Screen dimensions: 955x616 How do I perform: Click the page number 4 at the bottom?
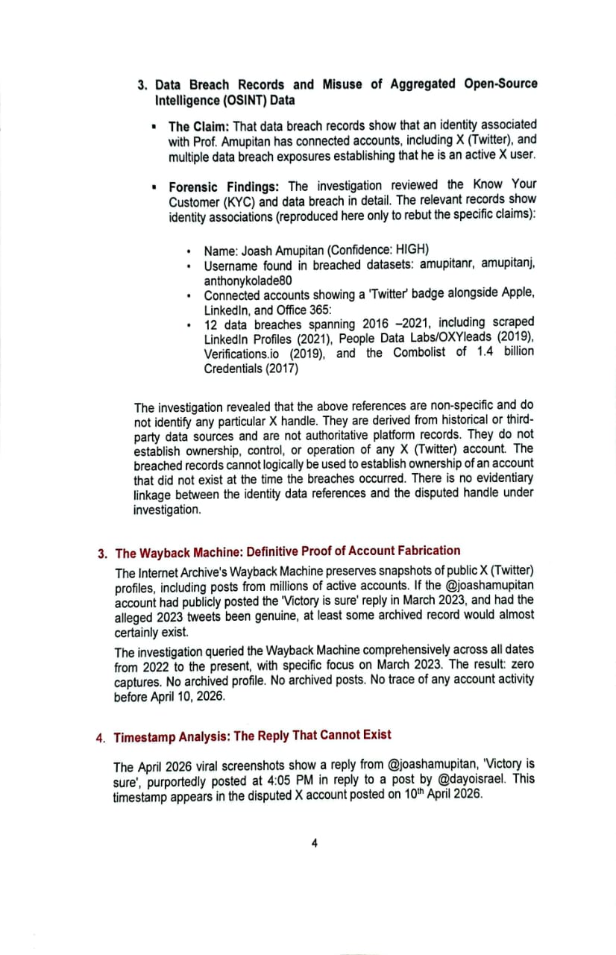[x=314, y=843]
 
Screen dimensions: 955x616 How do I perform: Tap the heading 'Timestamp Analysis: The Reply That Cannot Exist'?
[x=252, y=736]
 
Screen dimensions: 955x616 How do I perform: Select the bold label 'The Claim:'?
[x=199, y=127]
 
